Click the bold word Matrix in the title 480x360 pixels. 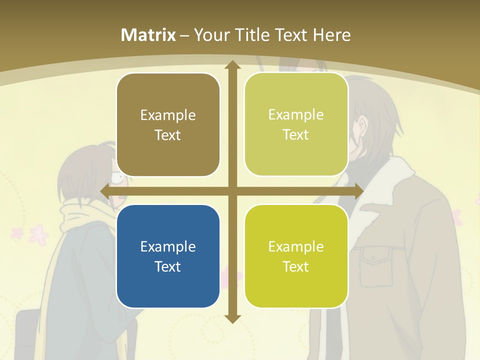(148, 35)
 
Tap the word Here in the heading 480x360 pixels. (331, 35)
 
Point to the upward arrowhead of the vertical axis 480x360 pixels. (232, 65)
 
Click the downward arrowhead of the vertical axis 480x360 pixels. (232, 318)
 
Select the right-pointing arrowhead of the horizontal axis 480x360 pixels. (358, 191)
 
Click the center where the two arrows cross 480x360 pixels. (232, 191)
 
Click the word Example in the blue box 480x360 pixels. (168, 246)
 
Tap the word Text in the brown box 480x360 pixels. (168, 135)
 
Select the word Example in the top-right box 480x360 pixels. (296, 114)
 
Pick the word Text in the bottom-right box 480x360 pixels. (296, 266)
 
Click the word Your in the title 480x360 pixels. (209, 35)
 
